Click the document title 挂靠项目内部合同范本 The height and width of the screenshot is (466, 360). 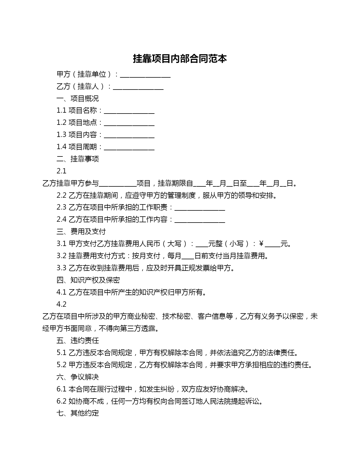point(180,59)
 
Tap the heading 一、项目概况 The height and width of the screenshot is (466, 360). point(78,99)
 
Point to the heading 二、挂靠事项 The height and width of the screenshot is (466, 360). point(78,159)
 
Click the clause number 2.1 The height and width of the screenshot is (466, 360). point(61,171)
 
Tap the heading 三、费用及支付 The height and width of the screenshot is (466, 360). point(81,232)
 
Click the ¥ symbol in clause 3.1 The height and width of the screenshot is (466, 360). point(261,244)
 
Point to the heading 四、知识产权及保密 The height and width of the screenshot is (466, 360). point(88,280)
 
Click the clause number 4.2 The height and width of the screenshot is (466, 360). point(61,304)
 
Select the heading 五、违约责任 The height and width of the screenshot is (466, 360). point(78,341)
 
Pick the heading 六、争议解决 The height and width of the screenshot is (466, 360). point(78,377)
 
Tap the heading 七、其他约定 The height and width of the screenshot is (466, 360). point(78,413)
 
